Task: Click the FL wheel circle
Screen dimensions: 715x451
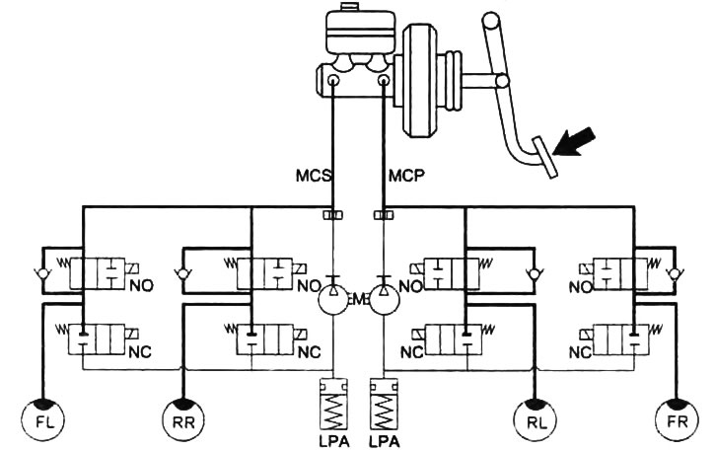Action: click(x=43, y=420)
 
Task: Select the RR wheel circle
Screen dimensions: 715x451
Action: click(x=183, y=420)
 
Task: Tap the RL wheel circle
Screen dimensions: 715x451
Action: click(x=536, y=420)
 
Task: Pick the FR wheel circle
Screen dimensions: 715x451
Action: click(x=677, y=420)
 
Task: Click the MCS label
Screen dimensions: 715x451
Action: click(x=314, y=176)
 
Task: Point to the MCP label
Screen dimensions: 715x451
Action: click(x=406, y=176)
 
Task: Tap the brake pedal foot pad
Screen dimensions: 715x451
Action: click(x=545, y=158)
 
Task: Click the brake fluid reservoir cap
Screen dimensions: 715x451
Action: click(x=348, y=6)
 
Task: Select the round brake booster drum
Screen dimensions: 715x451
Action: click(x=419, y=81)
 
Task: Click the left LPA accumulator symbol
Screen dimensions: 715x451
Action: click(x=334, y=404)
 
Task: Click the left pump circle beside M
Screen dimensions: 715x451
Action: click(x=333, y=300)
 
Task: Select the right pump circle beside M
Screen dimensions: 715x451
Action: click(x=384, y=300)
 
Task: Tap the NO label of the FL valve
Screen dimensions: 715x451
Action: click(x=141, y=286)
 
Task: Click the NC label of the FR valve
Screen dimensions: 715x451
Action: click(x=581, y=352)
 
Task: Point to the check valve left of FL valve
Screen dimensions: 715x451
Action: click(x=42, y=274)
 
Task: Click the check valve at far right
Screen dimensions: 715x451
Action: click(x=672, y=274)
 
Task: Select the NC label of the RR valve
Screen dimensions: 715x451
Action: click(x=309, y=352)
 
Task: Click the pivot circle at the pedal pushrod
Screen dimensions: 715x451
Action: click(x=502, y=81)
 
